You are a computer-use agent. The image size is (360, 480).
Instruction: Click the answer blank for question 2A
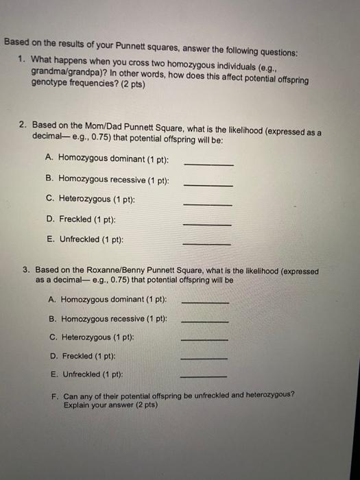[x=208, y=165]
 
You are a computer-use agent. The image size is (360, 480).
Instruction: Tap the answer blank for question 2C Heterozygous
[x=208, y=206]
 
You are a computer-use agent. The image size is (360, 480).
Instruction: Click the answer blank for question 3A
[x=204, y=303]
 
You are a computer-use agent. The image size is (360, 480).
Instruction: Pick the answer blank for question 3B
[x=204, y=322]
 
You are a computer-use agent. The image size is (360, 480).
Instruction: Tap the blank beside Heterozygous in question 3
[x=204, y=339]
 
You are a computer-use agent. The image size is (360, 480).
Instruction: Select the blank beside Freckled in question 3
[x=204, y=358]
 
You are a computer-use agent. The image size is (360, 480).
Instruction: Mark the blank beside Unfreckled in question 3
[x=204, y=376]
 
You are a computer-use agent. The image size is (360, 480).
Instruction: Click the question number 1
[x=23, y=60]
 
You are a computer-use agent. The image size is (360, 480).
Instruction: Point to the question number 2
[x=23, y=125]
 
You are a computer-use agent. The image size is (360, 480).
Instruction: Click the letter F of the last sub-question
[x=53, y=396]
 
